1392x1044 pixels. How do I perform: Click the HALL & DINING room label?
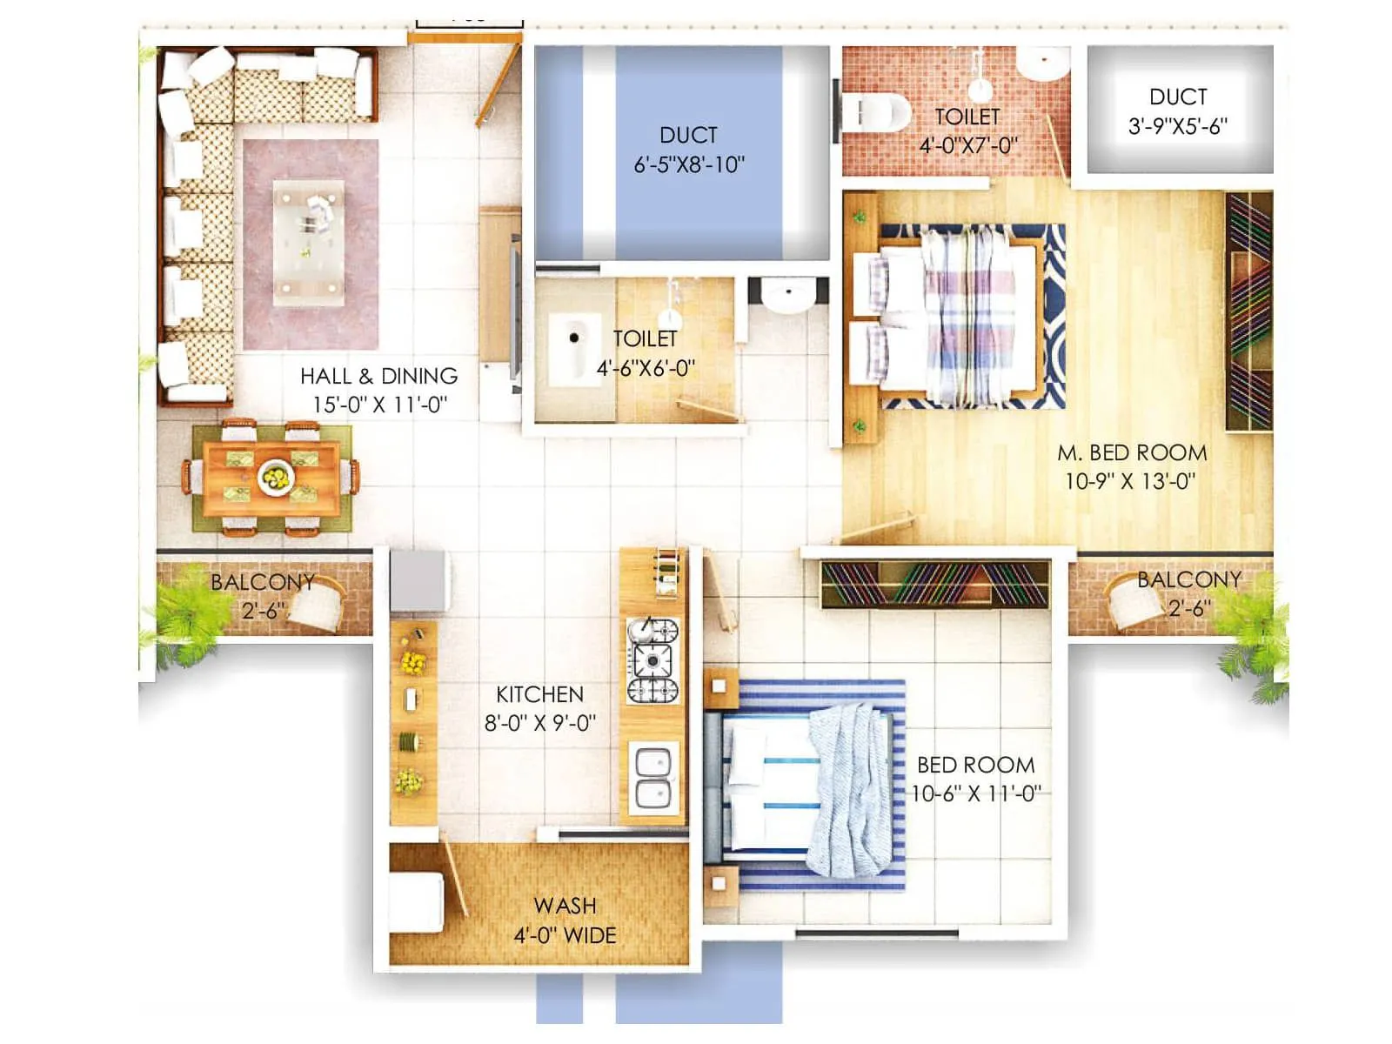(x=378, y=376)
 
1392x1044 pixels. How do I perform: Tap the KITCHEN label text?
(x=539, y=694)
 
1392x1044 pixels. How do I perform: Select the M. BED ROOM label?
(x=1132, y=452)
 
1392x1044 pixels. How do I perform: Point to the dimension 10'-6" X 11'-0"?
(x=975, y=793)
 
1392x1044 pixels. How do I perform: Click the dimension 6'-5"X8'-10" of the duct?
(x=689, y=164)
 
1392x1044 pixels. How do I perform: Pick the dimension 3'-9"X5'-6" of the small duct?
(x=1178, y=126)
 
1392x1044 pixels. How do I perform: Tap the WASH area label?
(x=565, y=906)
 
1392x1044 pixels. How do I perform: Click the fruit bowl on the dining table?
(x=276, y=477)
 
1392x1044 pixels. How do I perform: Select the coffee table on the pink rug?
(x=308, y=243)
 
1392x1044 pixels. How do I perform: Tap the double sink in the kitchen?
(x=652, y=779)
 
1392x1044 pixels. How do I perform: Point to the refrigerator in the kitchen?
(x=418, y=580)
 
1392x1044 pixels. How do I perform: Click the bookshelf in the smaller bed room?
(x=934, y=583)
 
